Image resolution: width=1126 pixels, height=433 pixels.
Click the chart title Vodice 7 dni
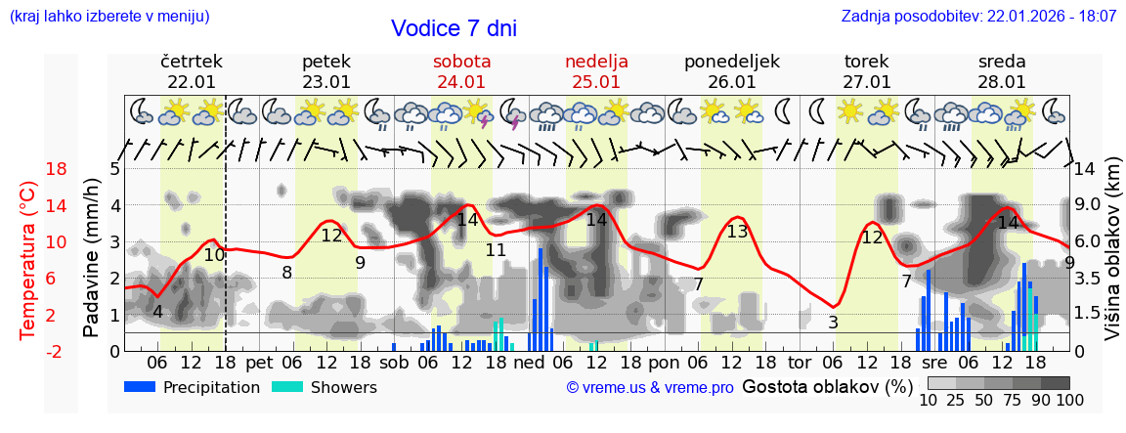[x=454, y=28]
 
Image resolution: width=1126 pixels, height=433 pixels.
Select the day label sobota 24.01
[x=461, y=71]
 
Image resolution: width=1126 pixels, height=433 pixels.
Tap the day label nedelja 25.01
[x=596, y=71]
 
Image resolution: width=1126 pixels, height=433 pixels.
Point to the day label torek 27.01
[x=867, y=71]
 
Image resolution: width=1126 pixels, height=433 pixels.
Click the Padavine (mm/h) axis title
[x=93, y=258]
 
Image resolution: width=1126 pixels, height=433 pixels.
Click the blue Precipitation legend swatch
[x=141, y=387]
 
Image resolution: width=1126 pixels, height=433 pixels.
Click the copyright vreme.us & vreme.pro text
[x=650, y=388]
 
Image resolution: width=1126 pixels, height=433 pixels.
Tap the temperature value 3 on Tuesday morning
[x=833, y=323]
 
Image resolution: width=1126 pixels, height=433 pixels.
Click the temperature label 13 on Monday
[x=737, y=232]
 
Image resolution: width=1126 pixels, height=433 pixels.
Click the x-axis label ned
[x=529, y=363]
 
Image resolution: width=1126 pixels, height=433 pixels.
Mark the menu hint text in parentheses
[x=109, y=17]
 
